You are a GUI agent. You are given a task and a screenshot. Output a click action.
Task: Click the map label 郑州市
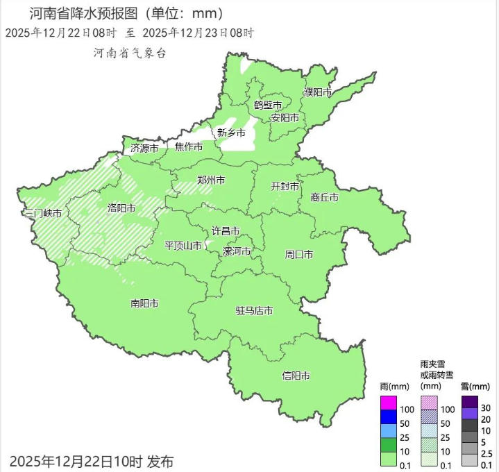pos(211,180)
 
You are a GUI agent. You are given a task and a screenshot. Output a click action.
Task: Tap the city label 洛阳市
pos(121,208)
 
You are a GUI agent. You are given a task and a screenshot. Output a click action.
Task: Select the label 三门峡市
pos(42,213)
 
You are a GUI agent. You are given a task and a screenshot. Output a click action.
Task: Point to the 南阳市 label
pos(144,303)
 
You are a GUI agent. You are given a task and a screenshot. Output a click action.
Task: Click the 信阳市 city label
pos(296,376)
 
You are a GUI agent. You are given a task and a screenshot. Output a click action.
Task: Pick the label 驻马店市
pos(254,310)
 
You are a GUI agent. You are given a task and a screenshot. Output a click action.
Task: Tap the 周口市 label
pos(299,255)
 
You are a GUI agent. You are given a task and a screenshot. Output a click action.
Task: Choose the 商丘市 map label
pos(325,197)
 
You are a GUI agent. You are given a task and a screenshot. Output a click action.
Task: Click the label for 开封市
pos(285,187)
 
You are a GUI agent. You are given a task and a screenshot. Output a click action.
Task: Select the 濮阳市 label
pos(319,92)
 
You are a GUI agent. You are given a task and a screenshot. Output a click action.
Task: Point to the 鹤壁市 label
pos(267,106)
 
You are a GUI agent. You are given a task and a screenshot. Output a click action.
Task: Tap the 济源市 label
pos(144,148)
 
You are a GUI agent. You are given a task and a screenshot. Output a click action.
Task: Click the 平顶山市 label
pos(183,246)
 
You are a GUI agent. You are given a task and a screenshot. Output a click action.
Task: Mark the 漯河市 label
pos(237,251)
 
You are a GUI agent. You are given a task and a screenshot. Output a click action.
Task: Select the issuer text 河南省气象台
pos(130,53)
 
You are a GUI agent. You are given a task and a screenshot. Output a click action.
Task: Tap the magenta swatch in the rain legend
pos(389,403)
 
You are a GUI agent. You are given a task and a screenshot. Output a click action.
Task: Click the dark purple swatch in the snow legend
pos(470,402)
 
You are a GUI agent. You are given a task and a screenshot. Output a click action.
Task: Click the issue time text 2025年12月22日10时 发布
pos(92,460)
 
